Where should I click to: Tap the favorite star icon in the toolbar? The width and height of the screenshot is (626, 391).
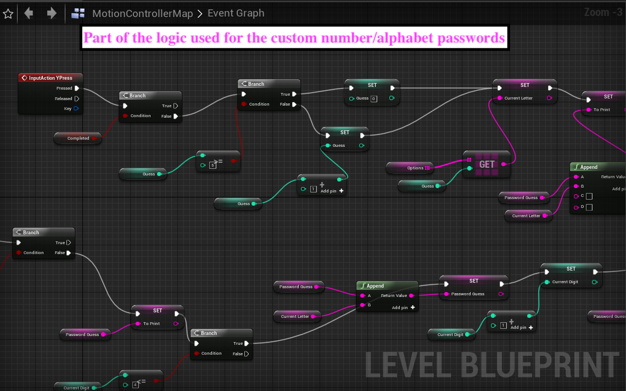8,14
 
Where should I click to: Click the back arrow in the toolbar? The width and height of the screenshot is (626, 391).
29,13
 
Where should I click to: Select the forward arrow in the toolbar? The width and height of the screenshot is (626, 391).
52,13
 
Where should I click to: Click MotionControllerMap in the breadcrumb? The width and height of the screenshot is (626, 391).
142,14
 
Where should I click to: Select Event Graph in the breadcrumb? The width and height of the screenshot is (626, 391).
236,13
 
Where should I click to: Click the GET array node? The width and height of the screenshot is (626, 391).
487,164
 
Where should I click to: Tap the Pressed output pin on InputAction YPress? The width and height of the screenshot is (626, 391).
76,88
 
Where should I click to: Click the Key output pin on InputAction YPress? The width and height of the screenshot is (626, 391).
76,109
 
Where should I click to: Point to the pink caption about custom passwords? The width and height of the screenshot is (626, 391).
294,38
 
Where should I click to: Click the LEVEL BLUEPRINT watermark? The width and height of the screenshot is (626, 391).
492,364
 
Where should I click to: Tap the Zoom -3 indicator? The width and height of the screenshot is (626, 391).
603,12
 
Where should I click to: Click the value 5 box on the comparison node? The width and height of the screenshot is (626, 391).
213,165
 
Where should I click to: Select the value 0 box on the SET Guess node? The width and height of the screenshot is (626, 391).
373,99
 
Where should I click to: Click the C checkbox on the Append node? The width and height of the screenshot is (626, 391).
589,196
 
